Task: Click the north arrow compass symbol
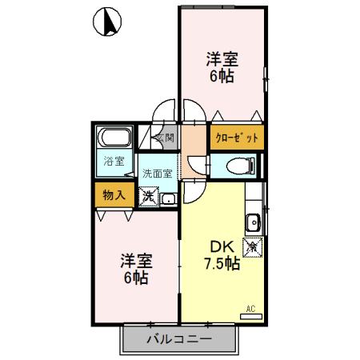tap(107, 22)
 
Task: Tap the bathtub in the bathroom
tap(114, 138)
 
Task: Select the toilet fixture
tap(241, 166)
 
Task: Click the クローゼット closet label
tap(237, 138)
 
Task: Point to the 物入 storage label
tap(114, 195)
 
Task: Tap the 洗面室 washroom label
tap(158, 174)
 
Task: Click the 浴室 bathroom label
tap(114, 161)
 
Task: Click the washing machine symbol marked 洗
tap(149, 197)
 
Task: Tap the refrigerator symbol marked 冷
tap(252, 247)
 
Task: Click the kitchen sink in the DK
tap(253, 222)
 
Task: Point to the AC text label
tap(250, 309)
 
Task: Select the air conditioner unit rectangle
tap(251, 317)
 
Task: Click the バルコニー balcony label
tap(179, 339)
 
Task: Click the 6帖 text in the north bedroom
tap(222, 76)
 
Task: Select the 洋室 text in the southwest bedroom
tap(137, 261)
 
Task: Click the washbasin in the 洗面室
tap(168, 199)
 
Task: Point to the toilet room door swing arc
tap(196, 166)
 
